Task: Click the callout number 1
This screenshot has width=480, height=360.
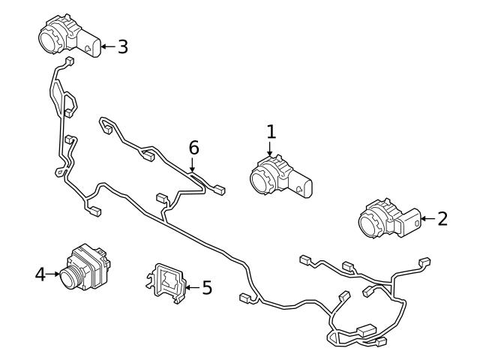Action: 271,132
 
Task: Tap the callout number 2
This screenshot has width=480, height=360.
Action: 442,219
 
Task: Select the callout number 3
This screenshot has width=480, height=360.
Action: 122,46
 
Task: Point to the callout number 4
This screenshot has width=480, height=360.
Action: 40,274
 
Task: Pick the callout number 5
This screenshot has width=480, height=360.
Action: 207,286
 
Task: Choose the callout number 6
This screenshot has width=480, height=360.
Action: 193,148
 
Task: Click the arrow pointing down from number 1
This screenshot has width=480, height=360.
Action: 271,150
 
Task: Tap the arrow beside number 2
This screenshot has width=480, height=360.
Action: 426,219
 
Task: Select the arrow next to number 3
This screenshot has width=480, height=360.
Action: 106,46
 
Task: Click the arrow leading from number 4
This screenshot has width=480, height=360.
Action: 54,274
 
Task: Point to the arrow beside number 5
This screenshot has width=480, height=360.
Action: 192,286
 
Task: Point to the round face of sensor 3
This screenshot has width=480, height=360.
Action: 49,37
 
